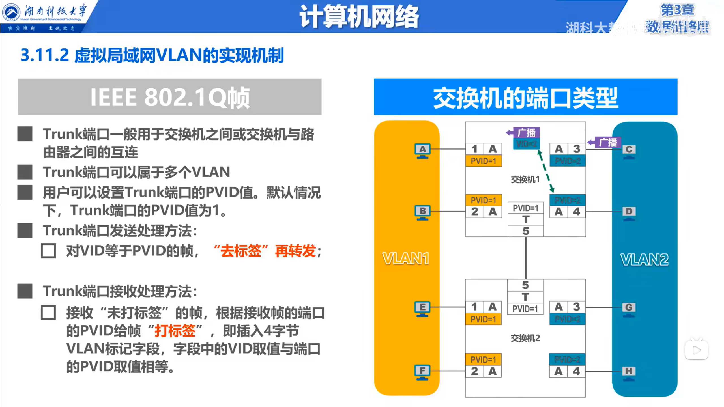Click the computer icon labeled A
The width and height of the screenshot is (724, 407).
[x=422, y=150]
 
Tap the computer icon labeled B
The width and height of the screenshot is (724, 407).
[x=422, y=212]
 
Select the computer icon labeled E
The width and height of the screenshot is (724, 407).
[x=422, y=308]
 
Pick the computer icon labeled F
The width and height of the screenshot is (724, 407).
[x=422, y=372]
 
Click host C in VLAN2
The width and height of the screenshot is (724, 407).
[x=629, y=150]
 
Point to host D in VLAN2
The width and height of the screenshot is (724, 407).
[x=629, y=212]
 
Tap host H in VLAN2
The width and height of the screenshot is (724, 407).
[x=628, y=372]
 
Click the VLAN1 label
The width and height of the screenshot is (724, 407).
[x=406, y=258]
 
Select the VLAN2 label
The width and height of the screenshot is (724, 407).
[x=644, y=259]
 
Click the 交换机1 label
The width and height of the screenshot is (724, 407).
[x=525, y=180]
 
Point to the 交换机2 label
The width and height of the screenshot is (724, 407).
[x=525, y=338]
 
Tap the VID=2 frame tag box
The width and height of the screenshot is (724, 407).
[x=526, y=144]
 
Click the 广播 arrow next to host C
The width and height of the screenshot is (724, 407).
[x=605, y=142]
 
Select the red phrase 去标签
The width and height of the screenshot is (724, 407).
[x=241, y=251]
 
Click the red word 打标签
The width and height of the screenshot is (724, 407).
[x=175, y=331]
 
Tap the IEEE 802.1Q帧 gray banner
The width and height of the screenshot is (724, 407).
[x=170, y=97]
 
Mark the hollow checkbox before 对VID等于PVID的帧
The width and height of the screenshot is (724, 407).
[x=48, y=251]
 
